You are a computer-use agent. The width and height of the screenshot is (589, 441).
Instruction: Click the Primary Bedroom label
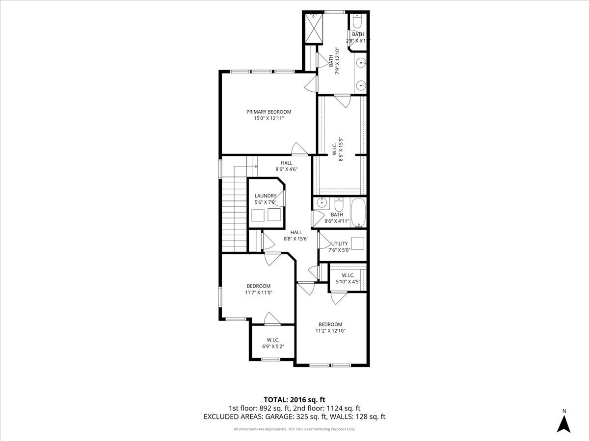268,112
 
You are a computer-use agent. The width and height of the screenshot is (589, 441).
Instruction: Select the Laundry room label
266,196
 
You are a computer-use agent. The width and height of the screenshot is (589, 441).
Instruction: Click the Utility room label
339,244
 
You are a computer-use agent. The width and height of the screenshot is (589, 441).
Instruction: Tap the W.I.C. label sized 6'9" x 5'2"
273,340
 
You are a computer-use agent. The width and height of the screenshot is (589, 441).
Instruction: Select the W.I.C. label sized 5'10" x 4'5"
348,275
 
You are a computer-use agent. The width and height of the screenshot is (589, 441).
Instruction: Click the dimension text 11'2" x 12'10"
330,331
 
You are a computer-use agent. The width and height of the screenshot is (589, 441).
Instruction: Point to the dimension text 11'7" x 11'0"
259,293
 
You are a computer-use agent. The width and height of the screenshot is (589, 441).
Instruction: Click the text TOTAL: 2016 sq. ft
294,400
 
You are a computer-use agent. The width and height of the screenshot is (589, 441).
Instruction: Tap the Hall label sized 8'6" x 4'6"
287,163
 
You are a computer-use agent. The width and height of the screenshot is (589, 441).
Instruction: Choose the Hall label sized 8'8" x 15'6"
296,232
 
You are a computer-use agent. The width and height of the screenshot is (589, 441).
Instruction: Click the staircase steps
234,216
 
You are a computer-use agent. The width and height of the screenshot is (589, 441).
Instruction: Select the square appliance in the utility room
357,244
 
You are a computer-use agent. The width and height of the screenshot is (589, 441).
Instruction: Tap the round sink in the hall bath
322,202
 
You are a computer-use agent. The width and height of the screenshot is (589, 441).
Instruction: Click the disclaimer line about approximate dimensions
294,429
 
